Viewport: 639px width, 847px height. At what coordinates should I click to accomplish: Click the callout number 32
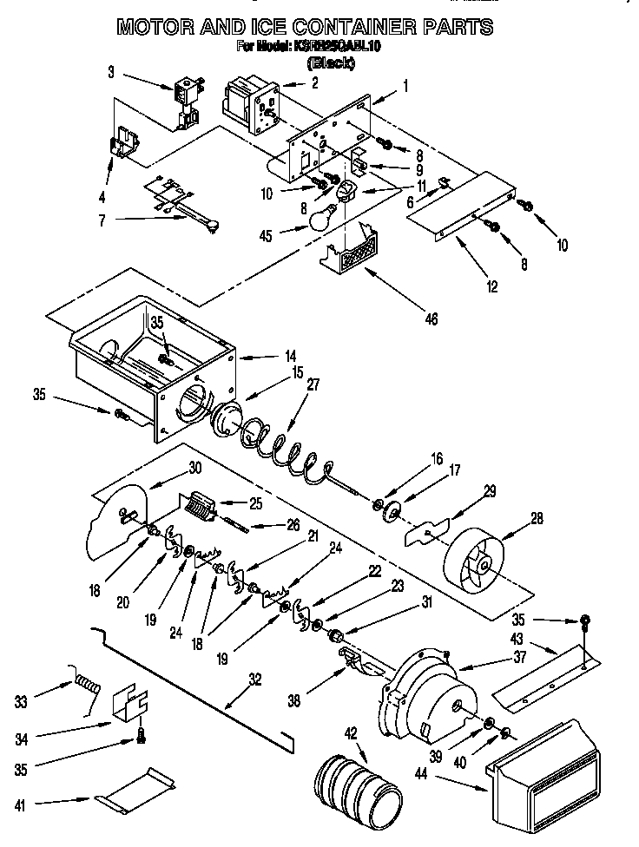pos(254,680)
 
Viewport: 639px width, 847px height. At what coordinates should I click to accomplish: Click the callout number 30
pos(194,467)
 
